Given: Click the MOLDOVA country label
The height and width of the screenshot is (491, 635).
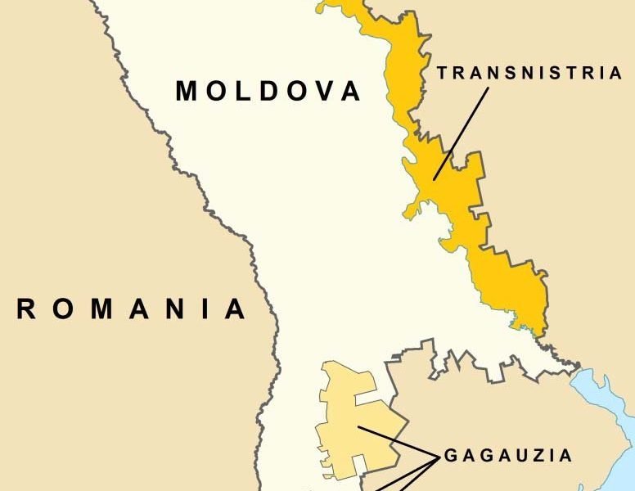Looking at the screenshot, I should tap(268, 91).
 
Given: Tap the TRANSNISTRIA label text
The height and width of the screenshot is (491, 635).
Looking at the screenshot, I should tap(530, 73).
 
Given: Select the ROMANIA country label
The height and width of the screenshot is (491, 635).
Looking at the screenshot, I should tap(131, 309).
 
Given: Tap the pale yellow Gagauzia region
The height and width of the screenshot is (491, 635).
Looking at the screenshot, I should tap(348, 409).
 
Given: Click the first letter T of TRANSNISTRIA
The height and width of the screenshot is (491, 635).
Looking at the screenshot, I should tap(443, 73).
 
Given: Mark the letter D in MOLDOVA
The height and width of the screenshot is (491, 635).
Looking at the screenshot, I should tap(268, 91).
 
